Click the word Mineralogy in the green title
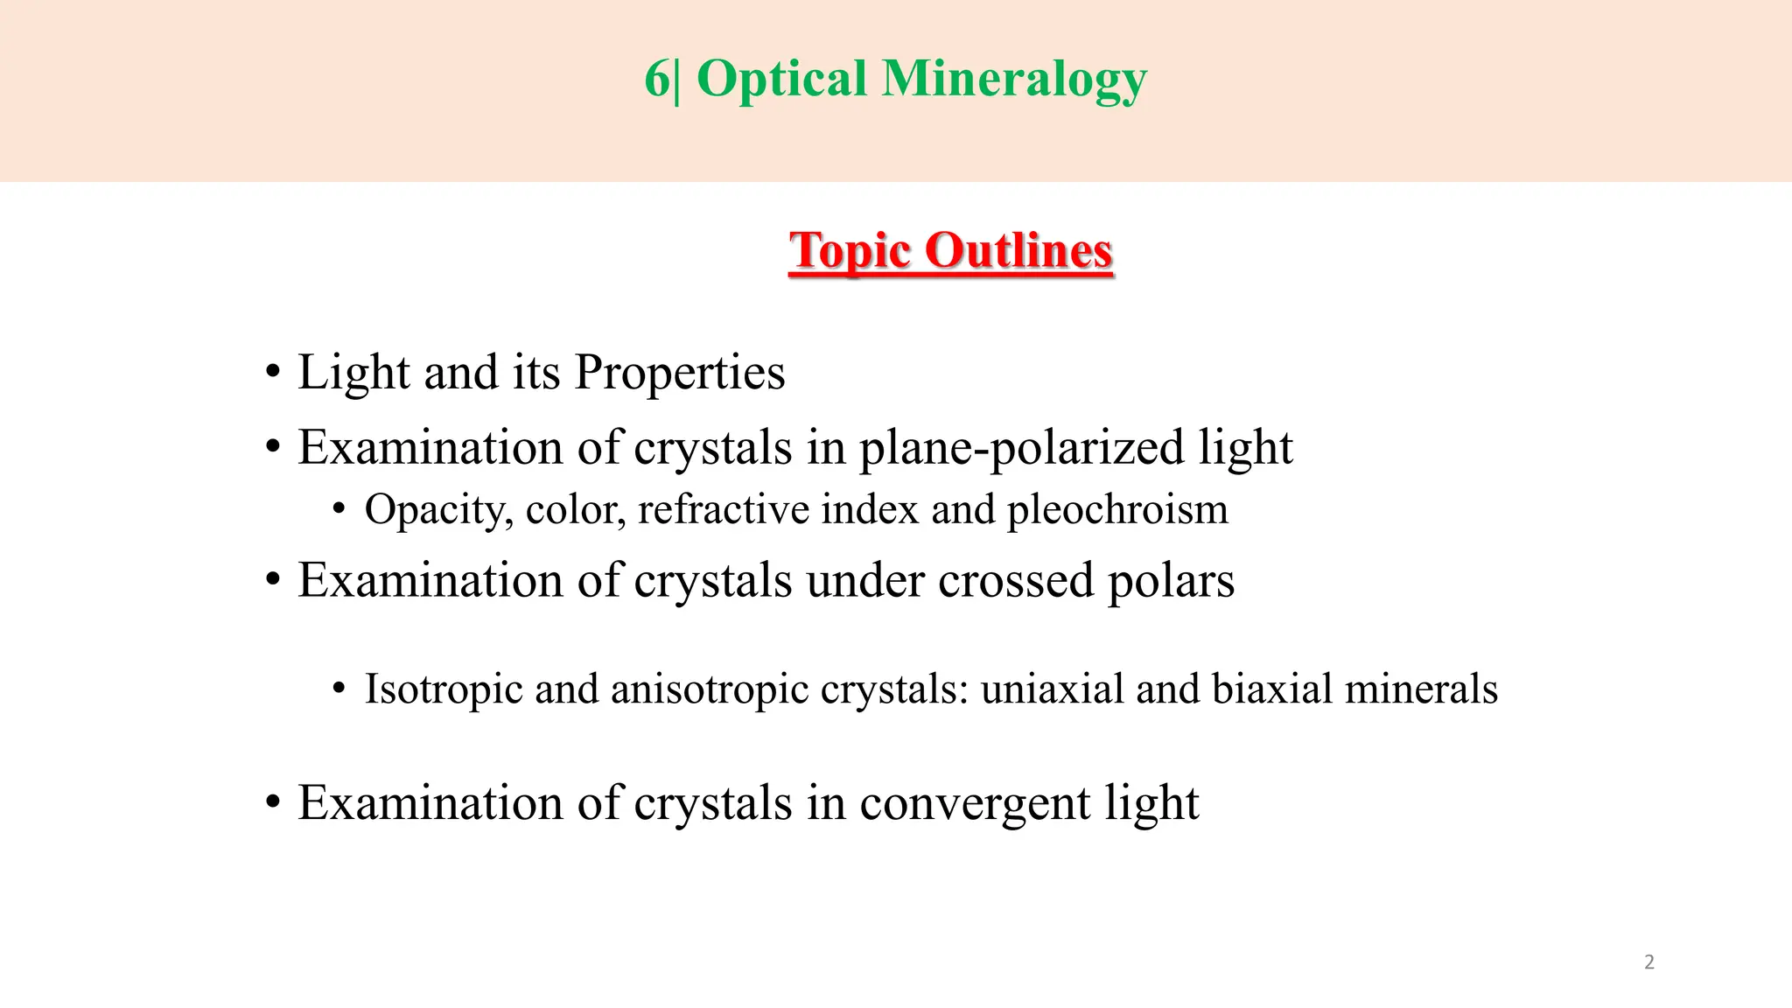pos(1014,80)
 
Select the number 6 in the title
pos(656,79)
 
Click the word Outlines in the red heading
pos(1018,251)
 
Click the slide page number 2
pos(1649,962)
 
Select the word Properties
pos(680,373)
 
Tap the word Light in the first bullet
pos(353,373)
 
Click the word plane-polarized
pos(1022,448)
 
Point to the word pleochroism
pos(1117,510)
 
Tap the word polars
pos(1172,581)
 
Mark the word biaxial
pos(1272,689)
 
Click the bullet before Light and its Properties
pos(273,373)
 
